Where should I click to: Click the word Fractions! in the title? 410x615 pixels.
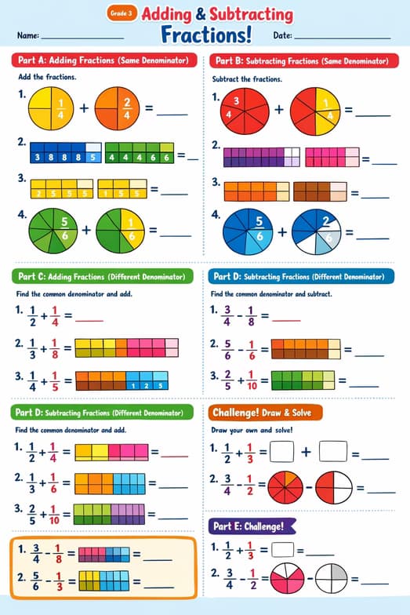(206, 35)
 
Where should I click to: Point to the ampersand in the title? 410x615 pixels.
(201, 14)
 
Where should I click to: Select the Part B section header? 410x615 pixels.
(300, 60)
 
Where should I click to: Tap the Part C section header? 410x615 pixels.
(103, 276)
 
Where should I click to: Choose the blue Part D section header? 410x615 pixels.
(300, 276)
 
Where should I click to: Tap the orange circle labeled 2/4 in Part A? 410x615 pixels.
(118, 108)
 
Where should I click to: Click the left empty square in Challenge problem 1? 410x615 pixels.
(281, 452)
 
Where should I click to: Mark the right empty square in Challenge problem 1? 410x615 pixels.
(333, 452)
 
